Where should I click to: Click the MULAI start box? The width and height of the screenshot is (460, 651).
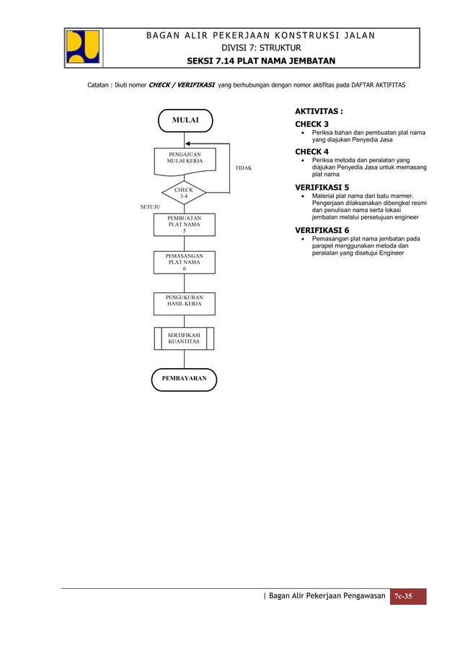[x=185, y=121]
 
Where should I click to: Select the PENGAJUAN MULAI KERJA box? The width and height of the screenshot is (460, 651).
[x=185, y=160]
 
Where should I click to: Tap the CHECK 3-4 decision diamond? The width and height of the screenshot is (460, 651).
[x=184, y=193]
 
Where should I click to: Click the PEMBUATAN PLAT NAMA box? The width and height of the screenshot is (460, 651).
[x=184, y=224]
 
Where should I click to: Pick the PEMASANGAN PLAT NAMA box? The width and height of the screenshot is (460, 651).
[x=184, y=262]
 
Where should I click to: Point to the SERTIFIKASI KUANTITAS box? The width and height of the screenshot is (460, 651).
[x=184, y=338]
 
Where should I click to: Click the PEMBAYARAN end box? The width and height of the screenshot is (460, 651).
[x=184, y=379]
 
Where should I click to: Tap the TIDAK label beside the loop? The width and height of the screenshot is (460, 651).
[x=243, y=168]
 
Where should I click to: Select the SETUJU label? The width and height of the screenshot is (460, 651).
[x=149, y=207]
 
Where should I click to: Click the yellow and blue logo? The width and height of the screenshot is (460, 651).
[x=83, y=48]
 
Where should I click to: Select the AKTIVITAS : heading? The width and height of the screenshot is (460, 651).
[x=318, y=112]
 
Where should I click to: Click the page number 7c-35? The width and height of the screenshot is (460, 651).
[x=407, y=596]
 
